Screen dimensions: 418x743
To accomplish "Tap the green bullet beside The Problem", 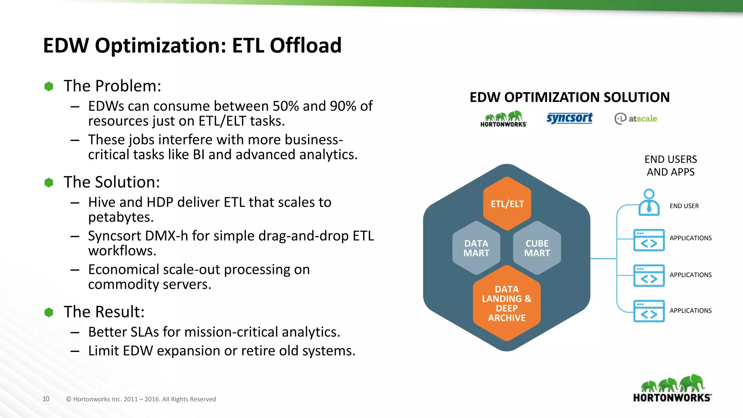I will pos(49,86).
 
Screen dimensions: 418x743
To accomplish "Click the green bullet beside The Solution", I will pos(49,183).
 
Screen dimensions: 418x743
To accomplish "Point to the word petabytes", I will pos(120,217).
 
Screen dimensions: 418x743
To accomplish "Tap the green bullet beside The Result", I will pos(49,312).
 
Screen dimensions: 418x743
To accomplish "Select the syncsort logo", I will pos(569,118).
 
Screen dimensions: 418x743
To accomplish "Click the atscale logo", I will pos(636,119).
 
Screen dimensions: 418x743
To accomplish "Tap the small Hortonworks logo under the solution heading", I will pos(503,119).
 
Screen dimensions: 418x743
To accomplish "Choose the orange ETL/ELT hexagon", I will pos(507,204).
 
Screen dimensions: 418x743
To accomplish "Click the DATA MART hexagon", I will pos(476,248).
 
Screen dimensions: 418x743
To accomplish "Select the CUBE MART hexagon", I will pos(537,248).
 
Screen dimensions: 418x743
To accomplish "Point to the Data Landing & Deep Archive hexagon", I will pos(506,303).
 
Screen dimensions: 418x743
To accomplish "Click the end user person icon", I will pos(649,202).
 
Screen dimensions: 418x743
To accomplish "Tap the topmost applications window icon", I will pos(649,240).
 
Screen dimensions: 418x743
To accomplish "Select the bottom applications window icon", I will pos(649,311).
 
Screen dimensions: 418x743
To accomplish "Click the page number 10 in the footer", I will pos(46,399).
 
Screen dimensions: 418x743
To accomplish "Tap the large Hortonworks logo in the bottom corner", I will pos(672,388).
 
